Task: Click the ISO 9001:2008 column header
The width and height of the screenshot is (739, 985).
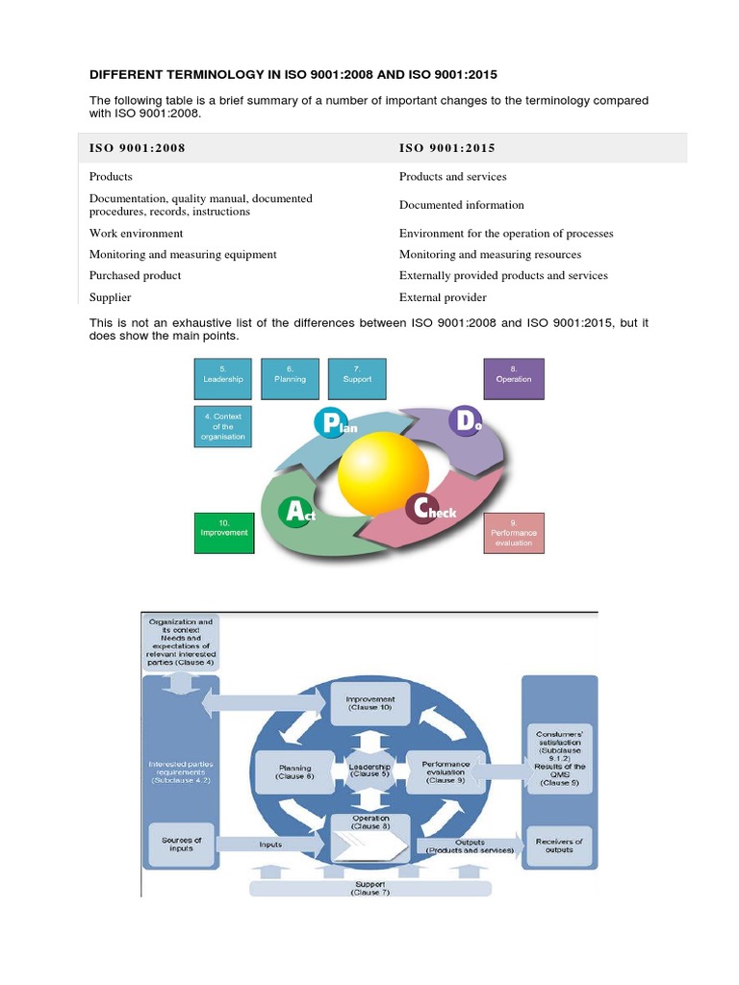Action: click(x=137, y=148)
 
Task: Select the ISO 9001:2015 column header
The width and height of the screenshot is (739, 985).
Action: click(x=446, y=148)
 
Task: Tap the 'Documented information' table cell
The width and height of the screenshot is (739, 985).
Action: click(x=462, y=205)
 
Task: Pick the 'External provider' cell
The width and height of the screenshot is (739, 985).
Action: click(x=443, y=297)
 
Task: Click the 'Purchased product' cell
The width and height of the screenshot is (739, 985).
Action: click(x=136, y=276)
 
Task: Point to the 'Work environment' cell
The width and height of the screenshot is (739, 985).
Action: click(x=136, y=234)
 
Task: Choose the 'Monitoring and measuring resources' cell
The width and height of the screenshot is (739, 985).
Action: click(x=490, y=255)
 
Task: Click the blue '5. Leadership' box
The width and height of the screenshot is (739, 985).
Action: click(x=223, y=374)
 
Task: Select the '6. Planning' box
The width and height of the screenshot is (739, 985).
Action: click(x=290, y=374)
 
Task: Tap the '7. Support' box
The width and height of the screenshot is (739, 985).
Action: click(x=357, y=374)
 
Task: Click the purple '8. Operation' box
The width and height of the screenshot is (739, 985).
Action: click(x=513, y=374)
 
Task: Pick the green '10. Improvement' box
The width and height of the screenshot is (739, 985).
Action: click(x=223, y=527)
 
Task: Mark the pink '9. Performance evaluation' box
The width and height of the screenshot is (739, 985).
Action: click(x=514, y=532)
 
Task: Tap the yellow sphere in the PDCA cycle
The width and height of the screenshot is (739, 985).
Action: click(x=383, y=473)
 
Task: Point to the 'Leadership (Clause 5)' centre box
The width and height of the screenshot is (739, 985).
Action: click(x=369, y=769)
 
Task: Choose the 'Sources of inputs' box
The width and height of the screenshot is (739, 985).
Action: click(x=181, y=845)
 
